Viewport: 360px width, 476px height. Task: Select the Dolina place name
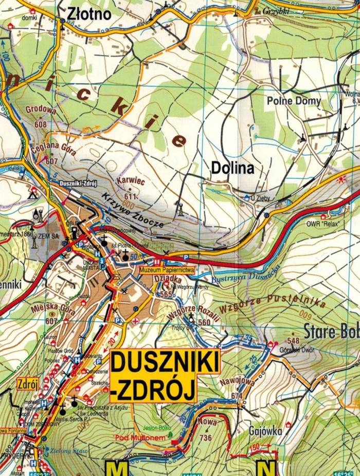point(232,168)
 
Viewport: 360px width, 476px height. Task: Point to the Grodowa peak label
point(42,109)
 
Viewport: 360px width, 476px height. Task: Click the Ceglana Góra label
point(61,149)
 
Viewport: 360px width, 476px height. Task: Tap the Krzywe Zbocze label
point(133,211)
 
